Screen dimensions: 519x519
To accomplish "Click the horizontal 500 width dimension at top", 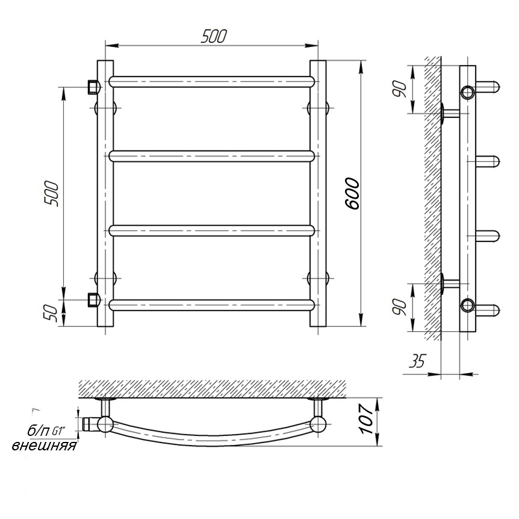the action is pos(214,36).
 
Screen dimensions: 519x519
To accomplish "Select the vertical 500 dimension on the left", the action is pos(52,194).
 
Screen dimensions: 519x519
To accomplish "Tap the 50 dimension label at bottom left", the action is pos(52,314).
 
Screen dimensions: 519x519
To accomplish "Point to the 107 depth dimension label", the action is pos(367,418).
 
